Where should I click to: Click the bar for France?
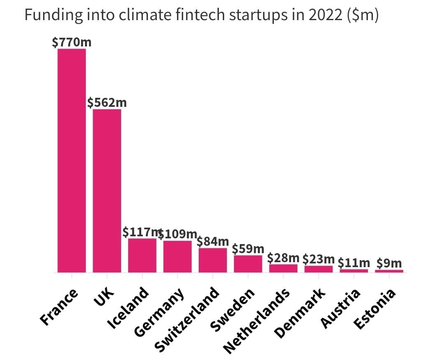71,160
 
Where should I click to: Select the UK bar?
107,191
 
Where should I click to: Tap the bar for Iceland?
142,255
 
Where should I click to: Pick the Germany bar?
177,256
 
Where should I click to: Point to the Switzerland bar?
213,260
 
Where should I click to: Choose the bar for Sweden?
248,263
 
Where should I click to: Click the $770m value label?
69,42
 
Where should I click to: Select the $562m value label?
107,102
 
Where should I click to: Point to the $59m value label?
248,249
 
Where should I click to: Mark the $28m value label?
283,258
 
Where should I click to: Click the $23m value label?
319,259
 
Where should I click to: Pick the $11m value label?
354,263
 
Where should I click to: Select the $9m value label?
389,263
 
